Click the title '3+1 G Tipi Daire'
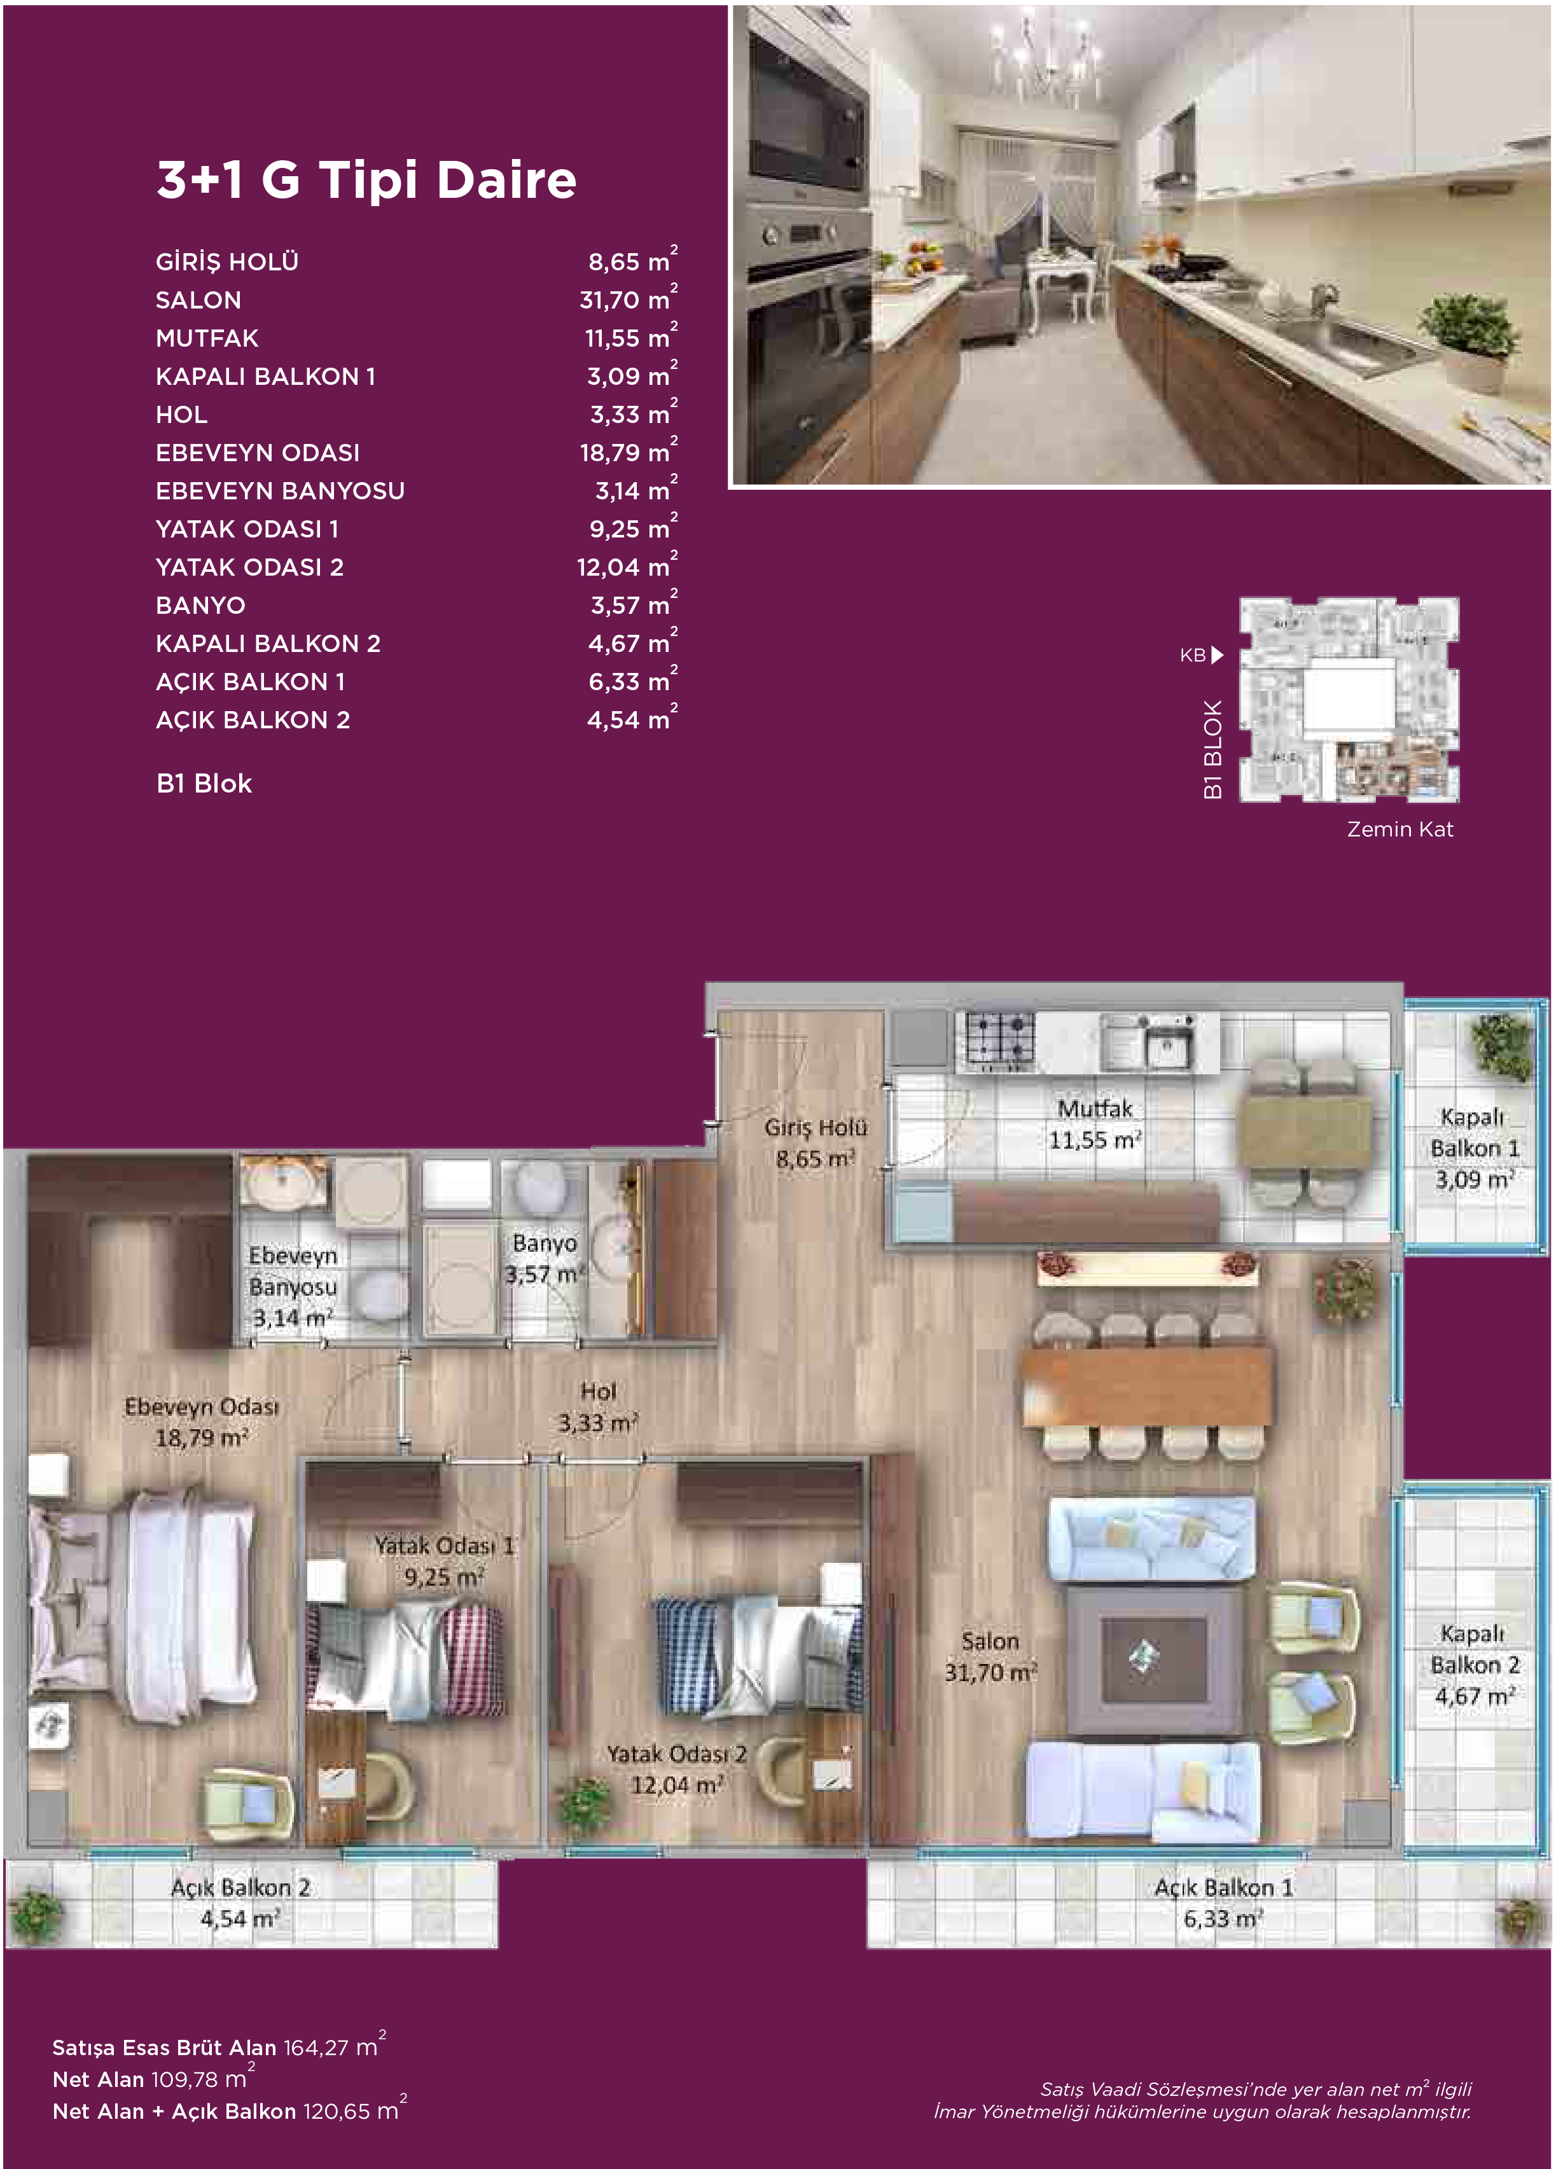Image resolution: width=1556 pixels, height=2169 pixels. pyautogui.click(x=366, y=180)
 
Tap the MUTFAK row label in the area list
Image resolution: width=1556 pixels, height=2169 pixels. pyautogui.click(x=207, y=338)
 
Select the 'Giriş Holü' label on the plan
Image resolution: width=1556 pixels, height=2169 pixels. pyautogui.click(x=816, y=1128)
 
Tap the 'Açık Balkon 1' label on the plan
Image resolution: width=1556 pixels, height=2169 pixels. pyautogui.click(x=1223, y=1887)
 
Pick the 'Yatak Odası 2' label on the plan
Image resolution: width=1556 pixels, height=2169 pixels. pyautogui.click(x=676, y=1754)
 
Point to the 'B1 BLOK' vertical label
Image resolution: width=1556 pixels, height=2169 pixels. pyautogui.click(x=1212, y=749)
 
